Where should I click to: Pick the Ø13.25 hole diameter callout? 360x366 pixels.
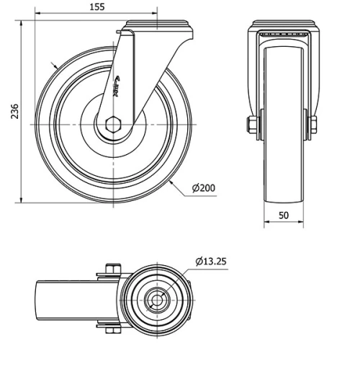click(x=211, y=261)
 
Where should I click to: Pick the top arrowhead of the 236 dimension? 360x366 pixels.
click(x=22, y=24)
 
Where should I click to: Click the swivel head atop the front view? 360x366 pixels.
click(x=282, y=28)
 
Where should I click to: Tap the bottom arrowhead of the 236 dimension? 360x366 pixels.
click(x=22, y=200)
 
